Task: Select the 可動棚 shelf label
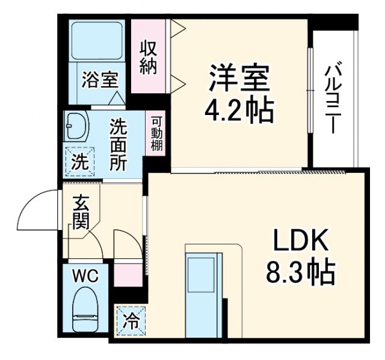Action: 156,134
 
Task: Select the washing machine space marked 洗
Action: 78,161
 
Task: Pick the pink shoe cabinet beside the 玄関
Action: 128,275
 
